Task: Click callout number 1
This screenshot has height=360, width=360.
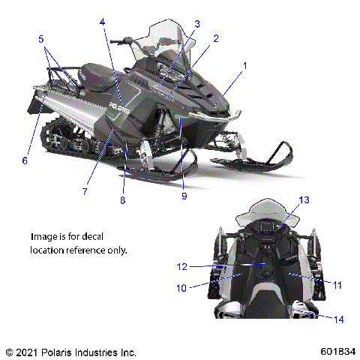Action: [244, 66]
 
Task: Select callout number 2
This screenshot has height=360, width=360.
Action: [216, 37]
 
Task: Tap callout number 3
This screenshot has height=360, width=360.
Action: [197, 23]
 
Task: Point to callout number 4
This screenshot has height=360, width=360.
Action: [102, 22]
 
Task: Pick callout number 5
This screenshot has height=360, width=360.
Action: [41, 37]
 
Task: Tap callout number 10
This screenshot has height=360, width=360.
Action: [181, 286]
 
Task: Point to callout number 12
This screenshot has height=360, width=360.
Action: [181, 266]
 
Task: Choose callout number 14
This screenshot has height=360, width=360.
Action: [339, 319]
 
